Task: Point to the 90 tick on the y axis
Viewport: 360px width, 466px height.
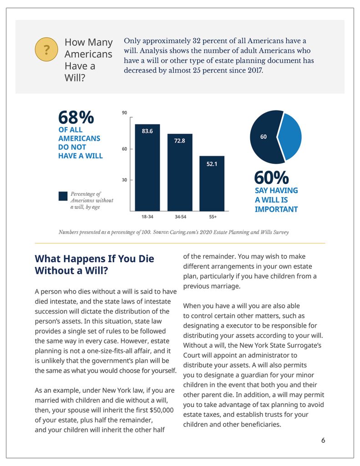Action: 124,113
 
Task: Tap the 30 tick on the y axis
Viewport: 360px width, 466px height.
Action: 124,180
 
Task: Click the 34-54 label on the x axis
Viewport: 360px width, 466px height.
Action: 179,217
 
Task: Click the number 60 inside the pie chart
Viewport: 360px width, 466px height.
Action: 263,137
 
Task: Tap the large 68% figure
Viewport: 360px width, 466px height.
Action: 76,117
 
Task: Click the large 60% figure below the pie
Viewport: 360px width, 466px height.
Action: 271,177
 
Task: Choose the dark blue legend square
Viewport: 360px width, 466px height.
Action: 63,196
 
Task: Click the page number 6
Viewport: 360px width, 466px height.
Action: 323,440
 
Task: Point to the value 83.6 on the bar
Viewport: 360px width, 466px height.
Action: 147,132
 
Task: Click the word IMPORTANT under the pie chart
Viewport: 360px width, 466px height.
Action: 276,209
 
